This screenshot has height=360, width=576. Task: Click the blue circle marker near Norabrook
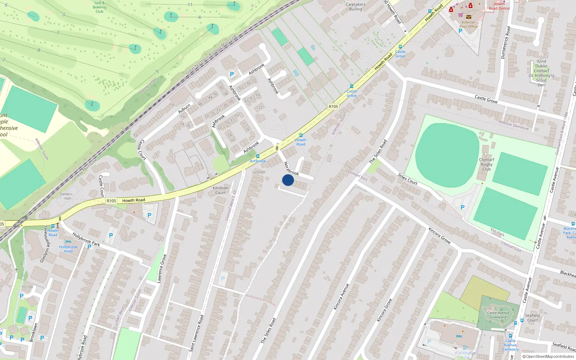[x=288, y=180]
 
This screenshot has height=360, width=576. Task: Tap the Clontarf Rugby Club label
[x=486, y=165]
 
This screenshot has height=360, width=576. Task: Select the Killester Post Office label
[x=468, y=24]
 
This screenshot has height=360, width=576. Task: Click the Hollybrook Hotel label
[x=68, y=249]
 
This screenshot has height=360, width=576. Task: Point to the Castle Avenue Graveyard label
[x=498, y=315]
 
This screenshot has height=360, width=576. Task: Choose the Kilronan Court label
[x=220, y=190]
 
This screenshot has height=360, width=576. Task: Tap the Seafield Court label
[x=532, y=318]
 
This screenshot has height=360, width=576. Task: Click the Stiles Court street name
[x=408, y=179]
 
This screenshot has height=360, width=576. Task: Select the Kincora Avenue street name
[x=341, y=297]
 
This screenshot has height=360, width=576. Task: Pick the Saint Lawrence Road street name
[x=196, y=333]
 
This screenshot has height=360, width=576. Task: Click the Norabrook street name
[x=291, y=168]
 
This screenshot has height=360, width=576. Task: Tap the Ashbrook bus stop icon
[x=258, y=156]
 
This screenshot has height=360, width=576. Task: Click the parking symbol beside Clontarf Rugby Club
[x=463, y=207]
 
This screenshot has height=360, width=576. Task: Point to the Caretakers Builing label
[x=355, y=7]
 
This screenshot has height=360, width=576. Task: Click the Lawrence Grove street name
[x=162, y=269]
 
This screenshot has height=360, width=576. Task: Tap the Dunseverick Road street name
[x=506, y=42]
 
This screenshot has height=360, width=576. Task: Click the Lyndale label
[x=259, y=172]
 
